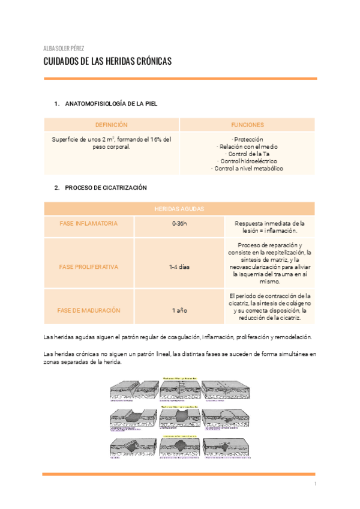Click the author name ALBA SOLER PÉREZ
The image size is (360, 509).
pos(64,48)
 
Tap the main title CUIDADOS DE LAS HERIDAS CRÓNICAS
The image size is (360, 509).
pos(108,62)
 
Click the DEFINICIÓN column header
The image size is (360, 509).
pos(112,125)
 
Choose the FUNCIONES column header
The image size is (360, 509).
pos(247,125)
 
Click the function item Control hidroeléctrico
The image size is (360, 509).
pos(247,161)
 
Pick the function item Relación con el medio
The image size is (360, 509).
pos(247,146)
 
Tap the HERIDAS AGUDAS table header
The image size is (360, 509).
pos(179,209)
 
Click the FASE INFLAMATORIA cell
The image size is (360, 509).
pos(89,223)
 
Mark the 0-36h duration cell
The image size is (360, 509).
pos(179,223)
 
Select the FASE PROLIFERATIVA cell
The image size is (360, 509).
pos(89,267)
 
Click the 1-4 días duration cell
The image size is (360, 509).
pos(179,267)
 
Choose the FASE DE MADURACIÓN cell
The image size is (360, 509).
pos(89,310)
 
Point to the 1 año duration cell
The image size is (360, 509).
pos(179,310)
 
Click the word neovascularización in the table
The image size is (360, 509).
pos(251,259)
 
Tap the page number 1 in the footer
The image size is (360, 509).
pos(314,484)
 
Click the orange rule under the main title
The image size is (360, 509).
pos(179,79)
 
